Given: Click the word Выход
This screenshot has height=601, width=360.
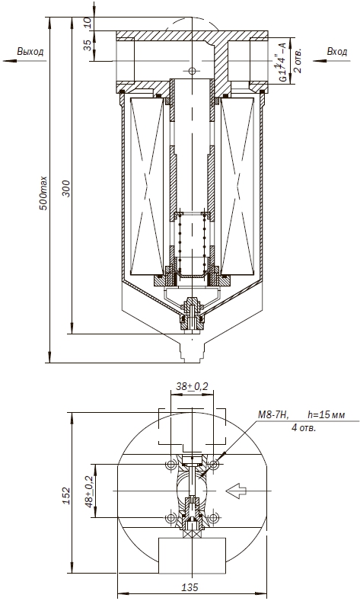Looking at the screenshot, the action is point(30,52).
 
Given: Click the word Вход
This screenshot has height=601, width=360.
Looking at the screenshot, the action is point(337,51).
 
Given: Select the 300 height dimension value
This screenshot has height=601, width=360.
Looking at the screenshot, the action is point(67,188).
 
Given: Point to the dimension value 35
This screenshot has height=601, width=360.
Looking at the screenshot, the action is point(88,45).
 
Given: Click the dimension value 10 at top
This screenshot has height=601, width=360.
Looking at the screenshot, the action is point(88,24).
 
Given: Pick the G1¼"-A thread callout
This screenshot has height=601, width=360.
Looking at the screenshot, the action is point(282,62).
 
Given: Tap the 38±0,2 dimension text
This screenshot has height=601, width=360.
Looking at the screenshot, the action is point(192,387).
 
